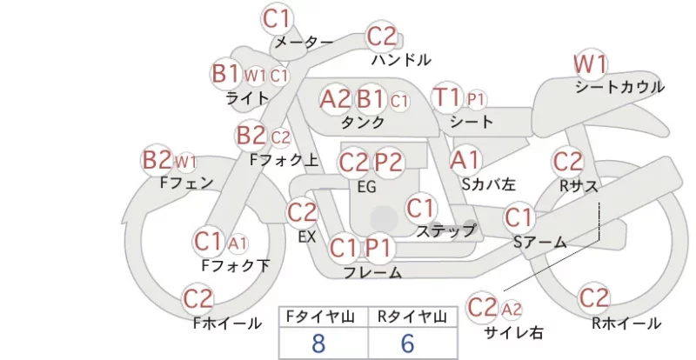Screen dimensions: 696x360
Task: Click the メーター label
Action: pyautogui.click(x=304, y=42)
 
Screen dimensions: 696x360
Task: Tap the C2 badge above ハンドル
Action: pyautogui.click(x=382, y=36)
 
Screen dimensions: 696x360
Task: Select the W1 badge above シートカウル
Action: pyautogui.click(x=591, y=64)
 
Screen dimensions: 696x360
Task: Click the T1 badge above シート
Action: pyautogui.click(x=447, y=97)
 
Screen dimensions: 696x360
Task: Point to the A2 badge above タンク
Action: pyautogui.click(x=335, y=99)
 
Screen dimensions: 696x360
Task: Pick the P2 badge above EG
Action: pyautogui.click(x=388, y=163)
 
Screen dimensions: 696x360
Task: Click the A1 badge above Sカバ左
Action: pyautogui.click(x=465, y=160)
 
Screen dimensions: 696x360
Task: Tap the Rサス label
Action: pyautogui.click(x=579, y=186)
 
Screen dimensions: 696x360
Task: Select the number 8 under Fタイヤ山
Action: pyautogui.click(x=318, y=343)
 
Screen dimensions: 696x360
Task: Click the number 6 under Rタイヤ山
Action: pyautogui.click(x=407, y=343)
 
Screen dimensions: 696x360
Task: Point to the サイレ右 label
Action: pyautogui.click(x=513, y=332)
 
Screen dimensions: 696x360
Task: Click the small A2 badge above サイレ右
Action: pyautogui.click(x=512, y=309)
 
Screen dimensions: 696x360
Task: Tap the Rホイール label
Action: pyautogui.click(x=626, y=323)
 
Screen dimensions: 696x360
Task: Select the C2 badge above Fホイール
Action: pyautogui.click(x=198, y=299)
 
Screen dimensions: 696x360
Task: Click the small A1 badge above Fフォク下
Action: pyautogui.click(x=238, y=243)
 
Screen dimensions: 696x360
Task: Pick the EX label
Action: pyautogui.click(x=307, y=237)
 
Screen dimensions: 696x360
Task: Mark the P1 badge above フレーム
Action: pyautogui.click(x=379, y=248)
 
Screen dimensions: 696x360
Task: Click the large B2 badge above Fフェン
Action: pyautogui.click(x=157, y=160)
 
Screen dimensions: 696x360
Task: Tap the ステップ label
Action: pyautogui.click(x=446, y=230)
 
